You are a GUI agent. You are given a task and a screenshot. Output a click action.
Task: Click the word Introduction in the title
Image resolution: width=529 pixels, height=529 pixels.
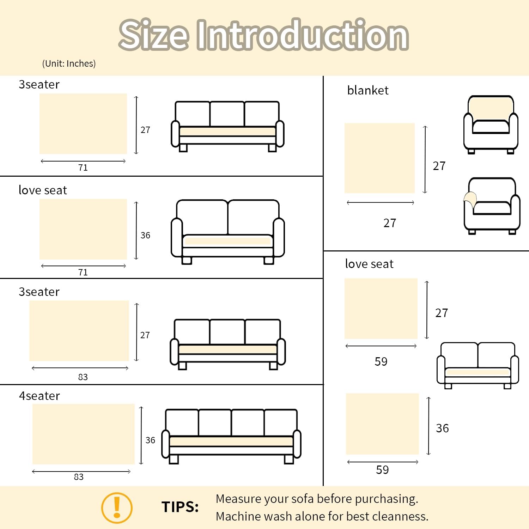click(302, 35)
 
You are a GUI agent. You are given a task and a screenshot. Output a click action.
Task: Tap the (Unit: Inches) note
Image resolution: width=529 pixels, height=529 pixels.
click(69, 63)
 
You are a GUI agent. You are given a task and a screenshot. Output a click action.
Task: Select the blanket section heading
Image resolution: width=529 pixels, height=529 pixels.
click(367, 90)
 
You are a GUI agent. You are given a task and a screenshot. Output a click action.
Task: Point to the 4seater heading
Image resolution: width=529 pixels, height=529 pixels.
click(39, 396)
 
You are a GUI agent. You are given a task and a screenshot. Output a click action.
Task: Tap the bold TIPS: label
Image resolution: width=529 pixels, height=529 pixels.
click(180, 507)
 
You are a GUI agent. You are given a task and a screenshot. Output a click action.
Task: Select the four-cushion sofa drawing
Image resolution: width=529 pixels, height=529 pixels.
click(231, 436)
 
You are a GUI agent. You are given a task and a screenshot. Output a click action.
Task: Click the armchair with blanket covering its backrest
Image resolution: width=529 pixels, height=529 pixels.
click(491, 124)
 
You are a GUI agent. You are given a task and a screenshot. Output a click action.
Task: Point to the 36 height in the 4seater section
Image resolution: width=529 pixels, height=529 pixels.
click(150, 440)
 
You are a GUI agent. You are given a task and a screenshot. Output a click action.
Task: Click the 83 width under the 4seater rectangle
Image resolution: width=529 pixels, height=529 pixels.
click(79, 477)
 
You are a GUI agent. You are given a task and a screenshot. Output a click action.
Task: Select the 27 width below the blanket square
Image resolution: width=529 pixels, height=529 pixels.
click(390, 223)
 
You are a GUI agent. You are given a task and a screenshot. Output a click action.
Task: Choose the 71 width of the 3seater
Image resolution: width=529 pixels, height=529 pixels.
click(83, 168)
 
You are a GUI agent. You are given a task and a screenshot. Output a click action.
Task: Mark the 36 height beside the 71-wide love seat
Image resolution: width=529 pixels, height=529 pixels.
click(145, 235)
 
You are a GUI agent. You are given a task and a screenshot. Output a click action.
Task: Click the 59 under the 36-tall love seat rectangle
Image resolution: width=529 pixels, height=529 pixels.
click(382, 470)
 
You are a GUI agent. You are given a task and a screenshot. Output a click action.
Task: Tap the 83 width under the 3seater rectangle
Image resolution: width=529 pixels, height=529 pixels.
click(83, 377)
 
